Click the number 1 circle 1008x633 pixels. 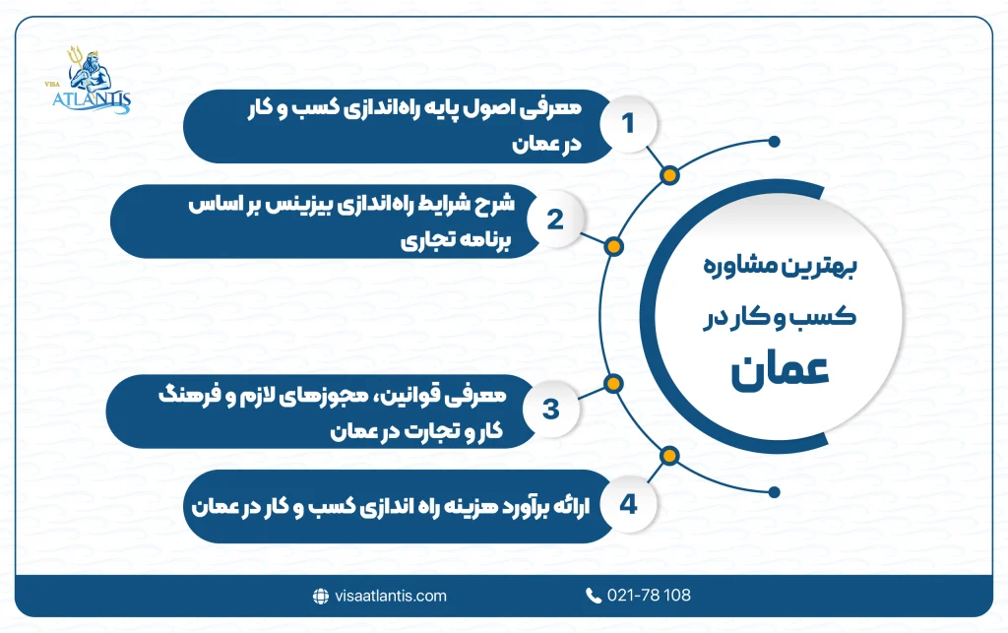click(x=627, y=125)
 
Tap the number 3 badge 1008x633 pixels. click(x=551, y=409)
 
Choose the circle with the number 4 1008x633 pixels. click(x=627, y=505)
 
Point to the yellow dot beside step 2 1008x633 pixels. click(x=612, y=247)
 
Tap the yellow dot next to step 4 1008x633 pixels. click(x=670, y=455)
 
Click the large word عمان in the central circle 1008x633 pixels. click(x=781, y=374)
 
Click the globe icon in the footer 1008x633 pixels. click(x=319, y=596)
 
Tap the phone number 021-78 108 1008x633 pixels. click(x=649, y=596)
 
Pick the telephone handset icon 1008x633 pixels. click(x=593, y=596)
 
